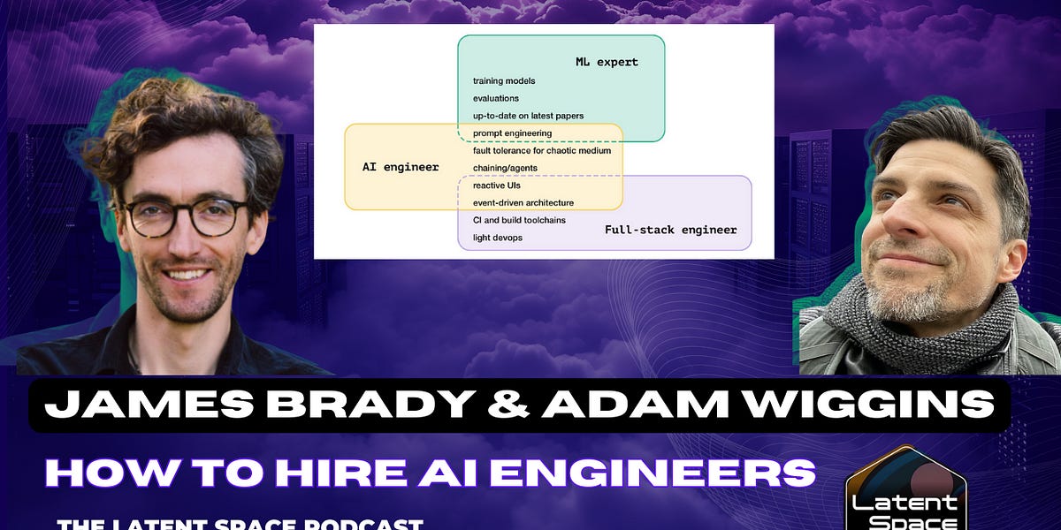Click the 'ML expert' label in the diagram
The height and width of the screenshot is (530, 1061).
(x=607, y=62)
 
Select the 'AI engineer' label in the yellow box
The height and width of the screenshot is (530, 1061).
(x=401, y=167)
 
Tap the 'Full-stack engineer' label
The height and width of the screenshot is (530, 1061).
(x=670, y=230)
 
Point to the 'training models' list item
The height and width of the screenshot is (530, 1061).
(x=504, y=81)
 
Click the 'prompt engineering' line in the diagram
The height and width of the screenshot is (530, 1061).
(x=512, y=133)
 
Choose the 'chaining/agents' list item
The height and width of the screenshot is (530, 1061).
(x=505, y=168)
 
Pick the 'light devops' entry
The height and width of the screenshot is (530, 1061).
(x=497, y=237)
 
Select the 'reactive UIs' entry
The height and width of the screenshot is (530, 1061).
(x=495, y=185)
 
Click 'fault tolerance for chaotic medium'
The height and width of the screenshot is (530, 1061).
(x=541, y=150)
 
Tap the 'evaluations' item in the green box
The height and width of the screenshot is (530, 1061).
(x=496, y=98)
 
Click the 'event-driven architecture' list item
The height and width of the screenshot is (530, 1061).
(x=523, y=202)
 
